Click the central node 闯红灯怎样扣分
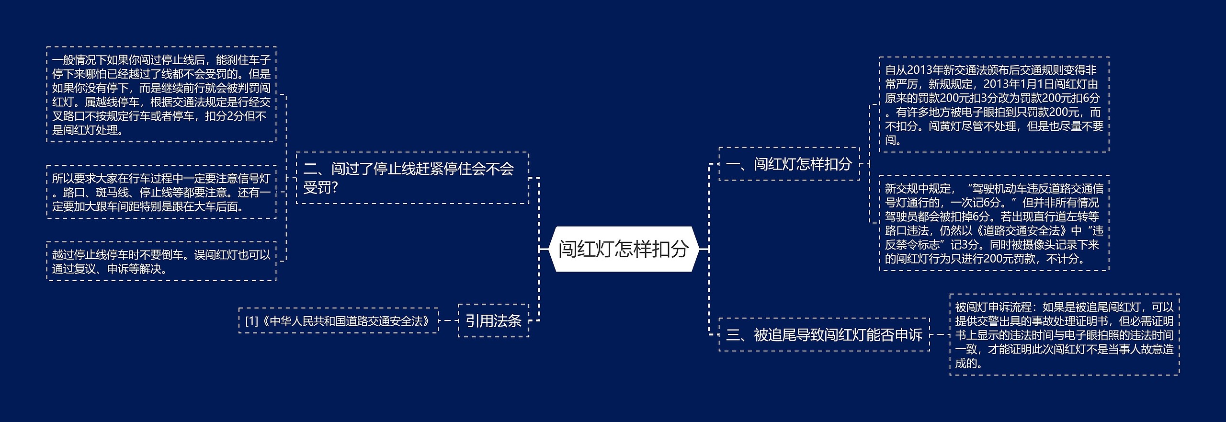(623, 249)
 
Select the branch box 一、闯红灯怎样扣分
(789, 164)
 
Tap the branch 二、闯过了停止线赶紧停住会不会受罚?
(412, 178)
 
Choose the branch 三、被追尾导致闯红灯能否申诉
(824, 334)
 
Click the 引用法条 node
(493, 320)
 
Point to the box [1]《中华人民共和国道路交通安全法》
(338, 320)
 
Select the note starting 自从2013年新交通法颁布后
(994, 105)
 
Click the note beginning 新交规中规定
(994, 223)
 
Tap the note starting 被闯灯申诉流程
(1064, 334)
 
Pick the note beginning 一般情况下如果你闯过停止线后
(161, 94)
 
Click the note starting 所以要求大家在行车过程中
(161, 192)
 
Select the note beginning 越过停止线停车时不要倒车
(161, 262)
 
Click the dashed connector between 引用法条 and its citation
(448, 320)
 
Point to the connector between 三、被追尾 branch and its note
(940, 334)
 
